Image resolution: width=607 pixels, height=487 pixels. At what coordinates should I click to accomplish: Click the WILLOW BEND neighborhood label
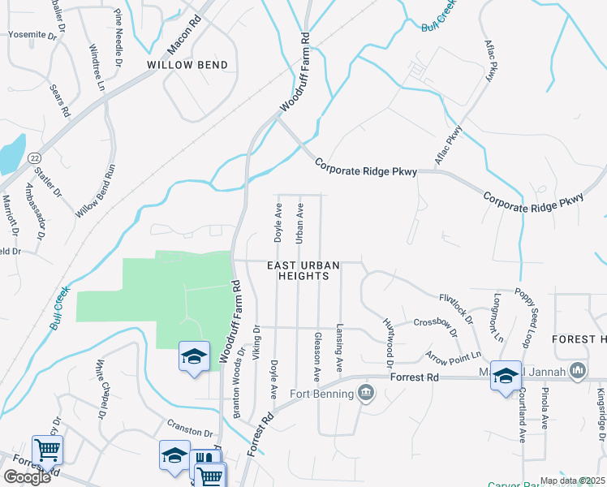click(187, 64)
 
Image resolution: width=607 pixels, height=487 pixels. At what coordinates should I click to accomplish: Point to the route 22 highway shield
click(34, 157)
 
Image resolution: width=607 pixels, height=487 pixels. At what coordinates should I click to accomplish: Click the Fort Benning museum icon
click(366, 394)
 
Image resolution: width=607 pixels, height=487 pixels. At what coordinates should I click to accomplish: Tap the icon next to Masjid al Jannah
click(578, 372)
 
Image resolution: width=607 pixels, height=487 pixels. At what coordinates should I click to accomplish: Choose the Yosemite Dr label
click(33, 35)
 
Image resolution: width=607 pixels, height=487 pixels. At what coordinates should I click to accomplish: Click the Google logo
click(27, 476)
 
